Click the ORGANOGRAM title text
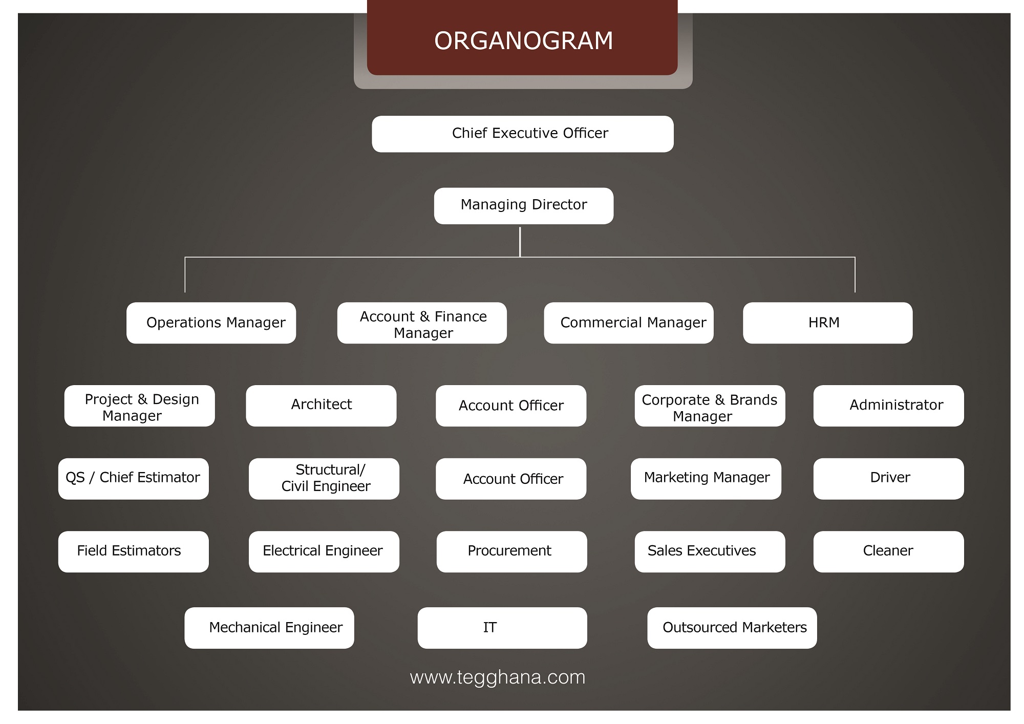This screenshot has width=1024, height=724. (523, 41)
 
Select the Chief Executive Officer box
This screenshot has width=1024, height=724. (522, 134)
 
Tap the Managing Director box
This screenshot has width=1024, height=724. (523, 205)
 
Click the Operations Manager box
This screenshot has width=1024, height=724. (211, 323)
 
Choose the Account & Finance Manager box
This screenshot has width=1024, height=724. (422, 323)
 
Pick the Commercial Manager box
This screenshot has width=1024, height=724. (628, 323)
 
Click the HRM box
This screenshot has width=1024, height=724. (827, 323)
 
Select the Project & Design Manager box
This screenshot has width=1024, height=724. (139, 406)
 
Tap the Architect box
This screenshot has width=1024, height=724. (321, 406)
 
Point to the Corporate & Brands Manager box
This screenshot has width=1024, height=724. (710, 406)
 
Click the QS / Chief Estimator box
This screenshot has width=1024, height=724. (133, 478)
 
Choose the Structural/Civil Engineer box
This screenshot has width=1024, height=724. (324, 478)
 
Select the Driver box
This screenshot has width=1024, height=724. (888, 478)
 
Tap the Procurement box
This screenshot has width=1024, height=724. (511, 551)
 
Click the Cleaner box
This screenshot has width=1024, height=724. (888, 551)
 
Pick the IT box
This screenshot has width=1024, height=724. (502, 628)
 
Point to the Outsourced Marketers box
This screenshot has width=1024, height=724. (732, 628)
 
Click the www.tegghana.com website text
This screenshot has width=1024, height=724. (497, 677)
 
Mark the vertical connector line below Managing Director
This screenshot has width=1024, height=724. (520, 241)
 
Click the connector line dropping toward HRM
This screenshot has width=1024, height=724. (855, 275)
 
